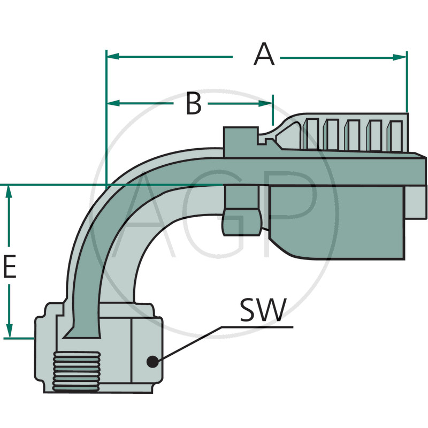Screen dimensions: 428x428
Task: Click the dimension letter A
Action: click(264, 55)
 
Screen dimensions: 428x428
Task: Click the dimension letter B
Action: click(194, 103)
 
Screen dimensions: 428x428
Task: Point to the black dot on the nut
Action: click(152, 362)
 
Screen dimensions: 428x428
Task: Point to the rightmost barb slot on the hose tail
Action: click(396, 134)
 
